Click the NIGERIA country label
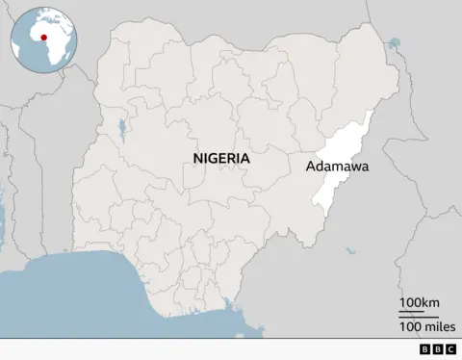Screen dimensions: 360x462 (221, 158)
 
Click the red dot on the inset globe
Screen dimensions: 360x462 (43, 38)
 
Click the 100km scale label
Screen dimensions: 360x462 (419, 304)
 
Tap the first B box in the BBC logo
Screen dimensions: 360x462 (426, 349)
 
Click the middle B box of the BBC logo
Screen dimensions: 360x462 (438, 349)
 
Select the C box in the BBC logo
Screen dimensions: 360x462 (449, 349)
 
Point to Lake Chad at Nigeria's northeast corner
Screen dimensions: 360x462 (393, 43)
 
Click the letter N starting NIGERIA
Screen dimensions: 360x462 (197, 158)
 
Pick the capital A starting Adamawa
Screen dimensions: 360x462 (311, 167)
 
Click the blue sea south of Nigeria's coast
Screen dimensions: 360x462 (96, 298)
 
